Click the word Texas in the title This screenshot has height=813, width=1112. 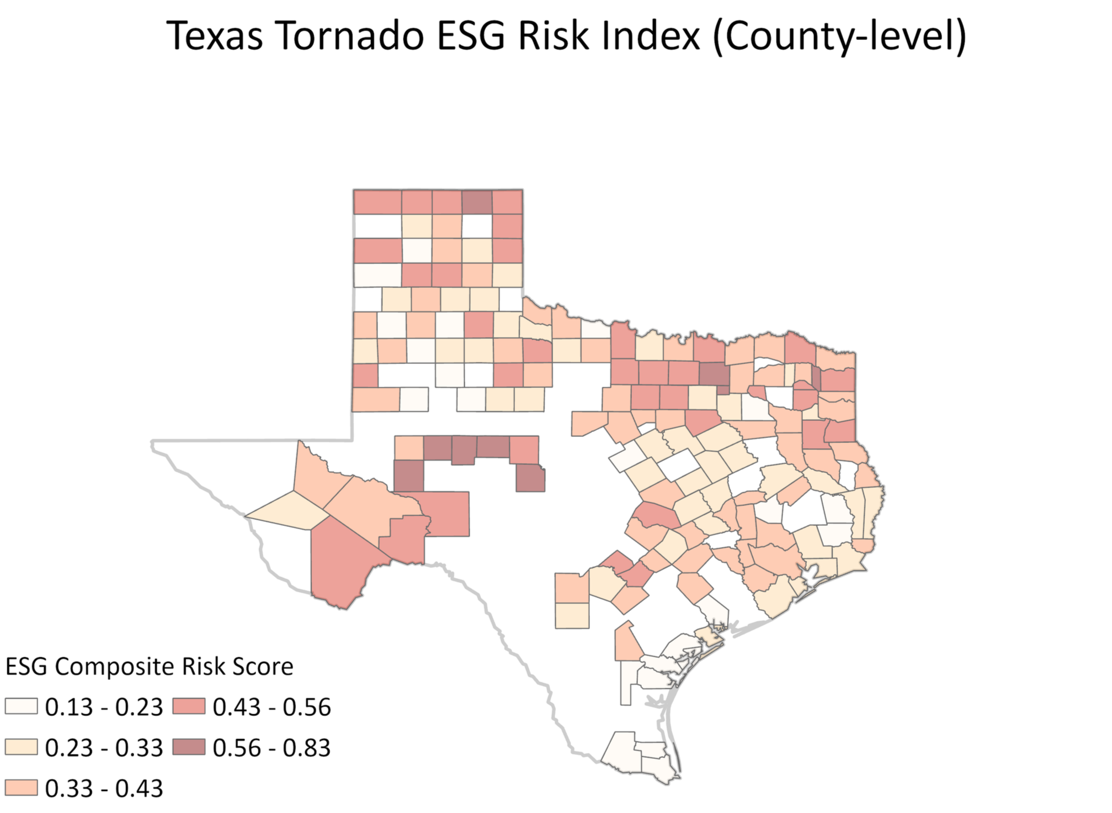pos(214,36)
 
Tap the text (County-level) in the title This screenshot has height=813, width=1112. pos(839,36)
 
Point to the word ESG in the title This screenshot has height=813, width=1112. pos(471,36)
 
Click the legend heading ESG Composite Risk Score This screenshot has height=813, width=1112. pos(149,667)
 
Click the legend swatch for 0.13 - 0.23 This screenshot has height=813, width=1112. pos(21,706)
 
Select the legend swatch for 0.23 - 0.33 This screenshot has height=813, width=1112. pos(21,747)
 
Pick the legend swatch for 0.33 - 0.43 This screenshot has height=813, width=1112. pos(21,788)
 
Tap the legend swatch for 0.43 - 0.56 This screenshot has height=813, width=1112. pos(189,706)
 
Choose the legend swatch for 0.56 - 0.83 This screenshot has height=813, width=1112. pos(189,747)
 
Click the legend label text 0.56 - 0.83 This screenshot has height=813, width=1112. pos(272,748)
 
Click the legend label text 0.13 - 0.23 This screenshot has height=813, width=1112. pos(104,707)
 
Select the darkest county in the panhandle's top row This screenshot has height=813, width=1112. pos(477,202)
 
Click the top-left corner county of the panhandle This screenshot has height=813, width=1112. pos(377,202)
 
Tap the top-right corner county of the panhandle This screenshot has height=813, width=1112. pos(508,202)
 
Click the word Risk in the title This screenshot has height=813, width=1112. pos(554,36)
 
